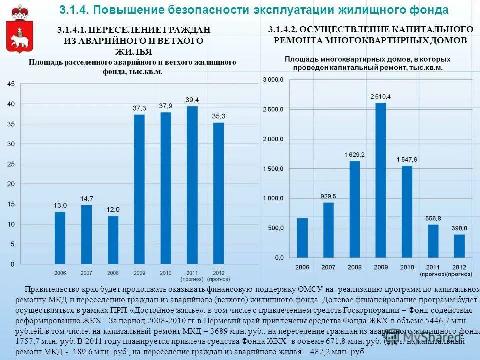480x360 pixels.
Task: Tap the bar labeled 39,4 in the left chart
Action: pyautogui.click(x=192, y=185)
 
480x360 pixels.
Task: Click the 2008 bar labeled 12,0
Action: pyautogui.click(x=113, y=239)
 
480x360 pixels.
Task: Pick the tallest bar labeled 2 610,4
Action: pyautogui.click(x=381, y=180)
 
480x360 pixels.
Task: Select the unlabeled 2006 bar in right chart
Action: pyautogui.click(x=302, y=238)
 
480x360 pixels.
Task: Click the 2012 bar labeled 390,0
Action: pyautogui.click(x=459, y=246)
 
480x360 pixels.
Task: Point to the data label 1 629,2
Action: pyautogui.click(x=354, y=155)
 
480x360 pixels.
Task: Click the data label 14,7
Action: pyautogui.click(x=87, y=199)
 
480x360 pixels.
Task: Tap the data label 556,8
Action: pyautogui.click(x=433, y=218)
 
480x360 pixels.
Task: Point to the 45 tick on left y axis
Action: pyautogui.click(x=11, y=84)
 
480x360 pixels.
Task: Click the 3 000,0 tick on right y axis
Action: pyautogui.click(x=273, y=80)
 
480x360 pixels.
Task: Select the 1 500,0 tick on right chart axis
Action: pyautogui.click(x=273, y=169)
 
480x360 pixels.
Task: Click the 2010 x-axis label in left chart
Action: pyautogui.click(x=165, y=273)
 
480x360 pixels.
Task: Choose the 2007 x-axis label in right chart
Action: pyautogui.click(x=328, y=267)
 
